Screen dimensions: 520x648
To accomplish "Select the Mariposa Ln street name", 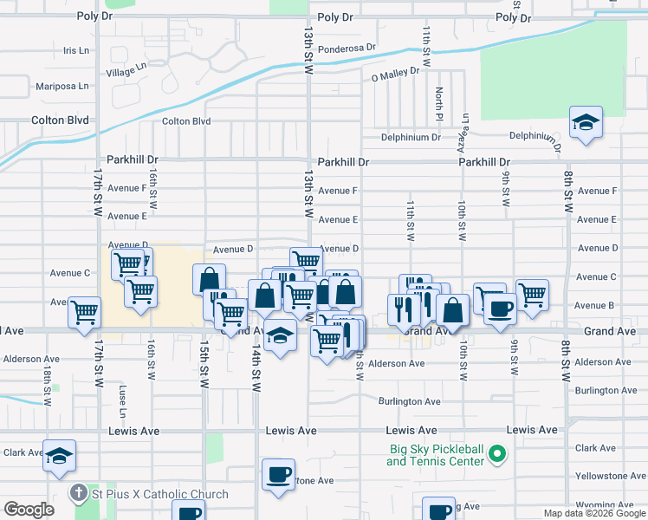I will (62, 86).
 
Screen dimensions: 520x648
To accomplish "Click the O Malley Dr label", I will (395, 76).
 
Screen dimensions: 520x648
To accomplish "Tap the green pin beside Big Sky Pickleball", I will (497, 452).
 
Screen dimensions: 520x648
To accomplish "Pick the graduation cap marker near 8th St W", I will (586, 123).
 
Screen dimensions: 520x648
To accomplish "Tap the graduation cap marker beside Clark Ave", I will (59, 456).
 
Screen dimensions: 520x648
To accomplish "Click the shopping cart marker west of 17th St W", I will (84, 312).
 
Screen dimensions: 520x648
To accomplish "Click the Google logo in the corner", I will (29, 510).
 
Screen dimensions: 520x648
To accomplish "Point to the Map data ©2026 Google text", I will (593, 513).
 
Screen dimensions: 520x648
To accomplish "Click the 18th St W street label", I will (45, 366).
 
